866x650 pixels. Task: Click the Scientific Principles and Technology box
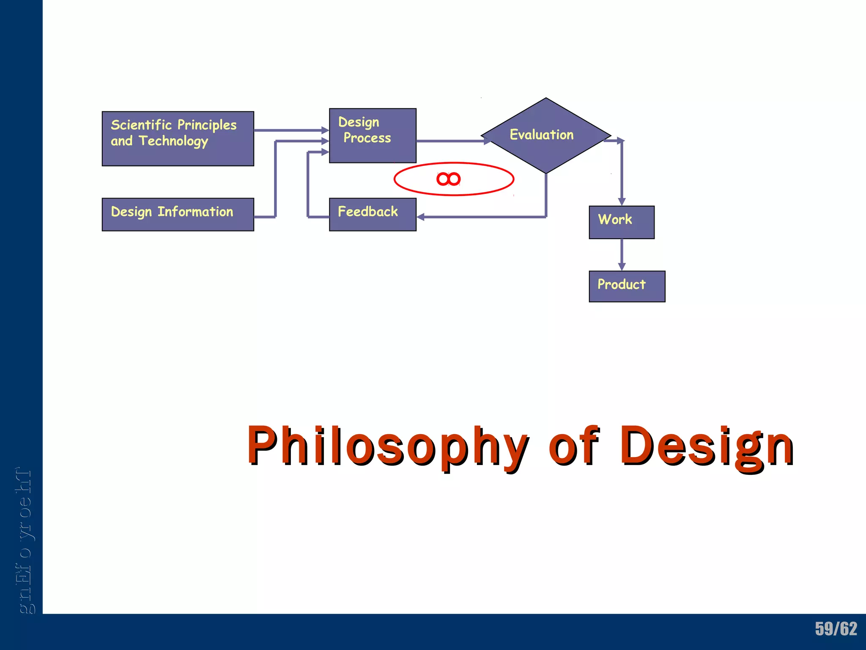pyautogui.click(x=178, y=139)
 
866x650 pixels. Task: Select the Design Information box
pyautogui.click(x=178, y=214)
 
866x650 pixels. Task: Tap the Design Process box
pyautogui.click(x=373, y=135)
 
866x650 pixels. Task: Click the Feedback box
pyautogui.click(x=373, y=214)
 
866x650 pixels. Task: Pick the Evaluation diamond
pyautogui.click(x=545, y=135)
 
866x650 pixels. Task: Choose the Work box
pyautogui.click(x=621, y=222)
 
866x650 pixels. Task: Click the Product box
pyautogui.click(x=627, y=286)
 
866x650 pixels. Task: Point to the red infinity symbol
pyautogui.click(x=448, y=179)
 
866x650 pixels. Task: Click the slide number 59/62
pyautogui.click(x=836, y=629)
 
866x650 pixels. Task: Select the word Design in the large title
pyautogui.click(x=706, y=446)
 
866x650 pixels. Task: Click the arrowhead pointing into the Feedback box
pyautogui.click(x=420, y=217)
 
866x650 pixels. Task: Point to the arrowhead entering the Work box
pyautogui.click(x=622, y=201)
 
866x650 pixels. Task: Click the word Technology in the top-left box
pyautogui.click(x=173, y=141)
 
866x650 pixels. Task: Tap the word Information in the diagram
pyautogui.click(x=195, y=212)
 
